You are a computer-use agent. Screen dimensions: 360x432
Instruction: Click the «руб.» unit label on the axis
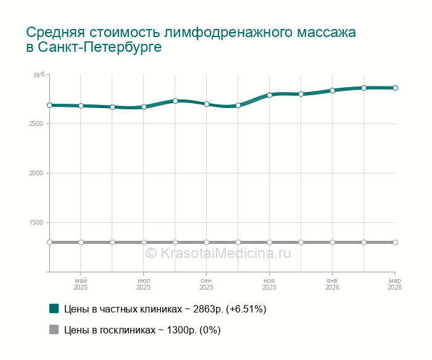[x=39, y=75]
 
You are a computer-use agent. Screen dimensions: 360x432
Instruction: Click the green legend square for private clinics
[x=54, y=308]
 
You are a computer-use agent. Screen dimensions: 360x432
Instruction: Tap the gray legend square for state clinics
[x=54, y=330]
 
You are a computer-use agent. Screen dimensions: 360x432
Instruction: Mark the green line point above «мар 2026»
[x=395, y=88]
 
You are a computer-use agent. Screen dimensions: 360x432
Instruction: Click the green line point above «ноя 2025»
[x=270, y=95]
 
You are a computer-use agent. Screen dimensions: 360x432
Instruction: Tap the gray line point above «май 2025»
[x=81, y=242]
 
